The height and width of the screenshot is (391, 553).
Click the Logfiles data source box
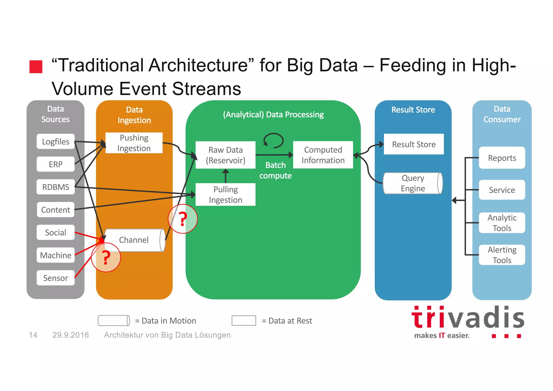pos(56,141)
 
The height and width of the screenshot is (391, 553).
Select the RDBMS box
pos(56,187)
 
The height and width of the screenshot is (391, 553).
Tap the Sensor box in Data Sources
pos(56,278)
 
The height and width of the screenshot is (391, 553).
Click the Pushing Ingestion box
pos(134,143)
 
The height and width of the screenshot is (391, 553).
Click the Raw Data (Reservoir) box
pos(225,155)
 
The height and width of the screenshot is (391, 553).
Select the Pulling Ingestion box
pos(225,195)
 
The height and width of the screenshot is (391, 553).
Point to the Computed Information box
pos(323,155)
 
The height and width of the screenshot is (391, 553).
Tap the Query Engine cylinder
pos(413,183)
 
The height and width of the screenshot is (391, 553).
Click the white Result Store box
pos(414,144)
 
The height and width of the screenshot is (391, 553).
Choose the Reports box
pos(502,158)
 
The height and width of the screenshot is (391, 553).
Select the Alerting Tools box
pos(502,255)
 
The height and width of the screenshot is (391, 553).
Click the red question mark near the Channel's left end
pos(106,258)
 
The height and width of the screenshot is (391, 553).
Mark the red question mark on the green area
pos(183,219)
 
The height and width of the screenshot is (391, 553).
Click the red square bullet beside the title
pos(36,67)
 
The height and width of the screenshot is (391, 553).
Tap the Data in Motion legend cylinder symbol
pos(114,320)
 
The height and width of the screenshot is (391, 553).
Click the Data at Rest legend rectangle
pos(244,320)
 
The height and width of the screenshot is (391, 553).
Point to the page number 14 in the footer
pos(33,335)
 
